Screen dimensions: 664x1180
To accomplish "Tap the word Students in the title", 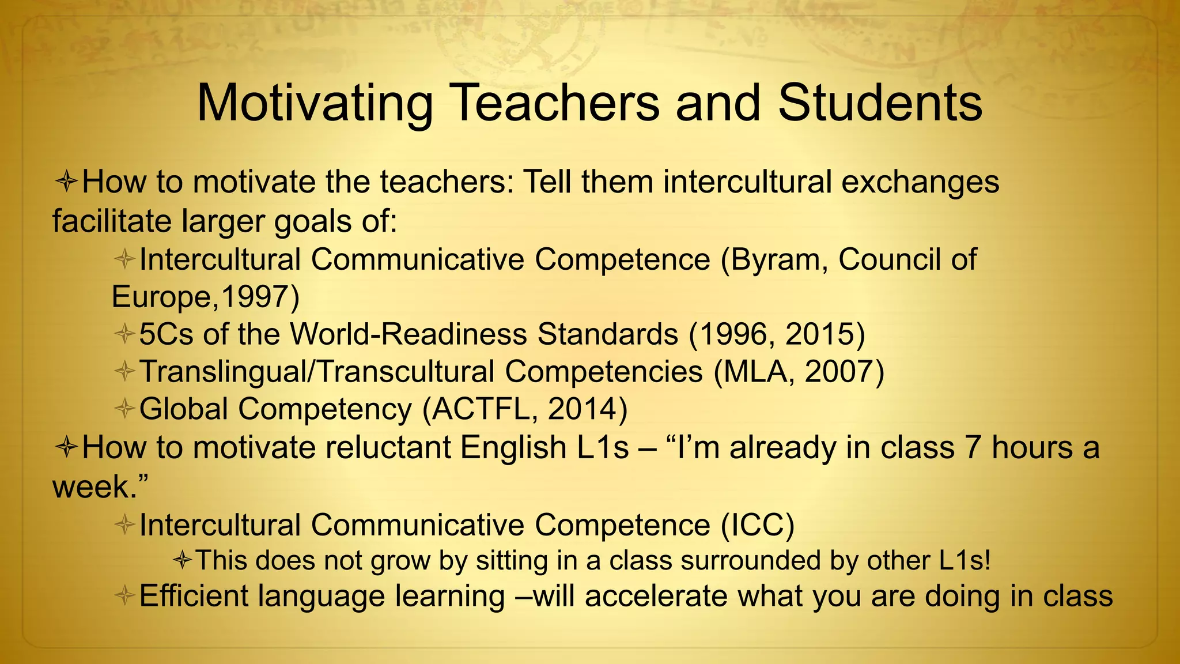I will pos(880,104).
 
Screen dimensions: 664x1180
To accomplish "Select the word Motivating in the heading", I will pos(315,105).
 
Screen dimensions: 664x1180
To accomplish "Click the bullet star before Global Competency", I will pos(124,409).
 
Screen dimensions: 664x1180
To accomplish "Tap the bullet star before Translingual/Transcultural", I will pos(124,371).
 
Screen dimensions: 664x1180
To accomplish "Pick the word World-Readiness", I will pos(409,334).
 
